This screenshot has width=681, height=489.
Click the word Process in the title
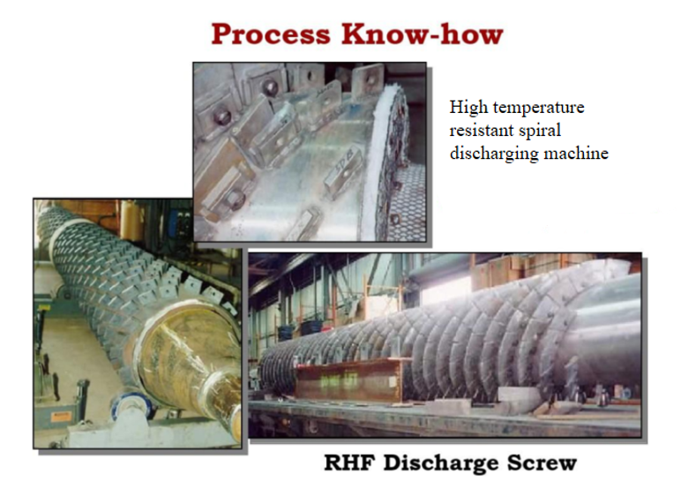pyautogui.click(x=271, y=34)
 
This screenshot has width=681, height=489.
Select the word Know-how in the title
pyautogui.click(x=423, y=34)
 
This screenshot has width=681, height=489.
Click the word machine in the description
pyautogui.click(x=576, y=153)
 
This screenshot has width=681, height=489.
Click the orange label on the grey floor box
pyautogui.click(x=60, y=417)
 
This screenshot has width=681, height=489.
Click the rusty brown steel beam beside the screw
pyautogui.click(x=352, y=380)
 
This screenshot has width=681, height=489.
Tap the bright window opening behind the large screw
pyautogui.click(x=446, y=291)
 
